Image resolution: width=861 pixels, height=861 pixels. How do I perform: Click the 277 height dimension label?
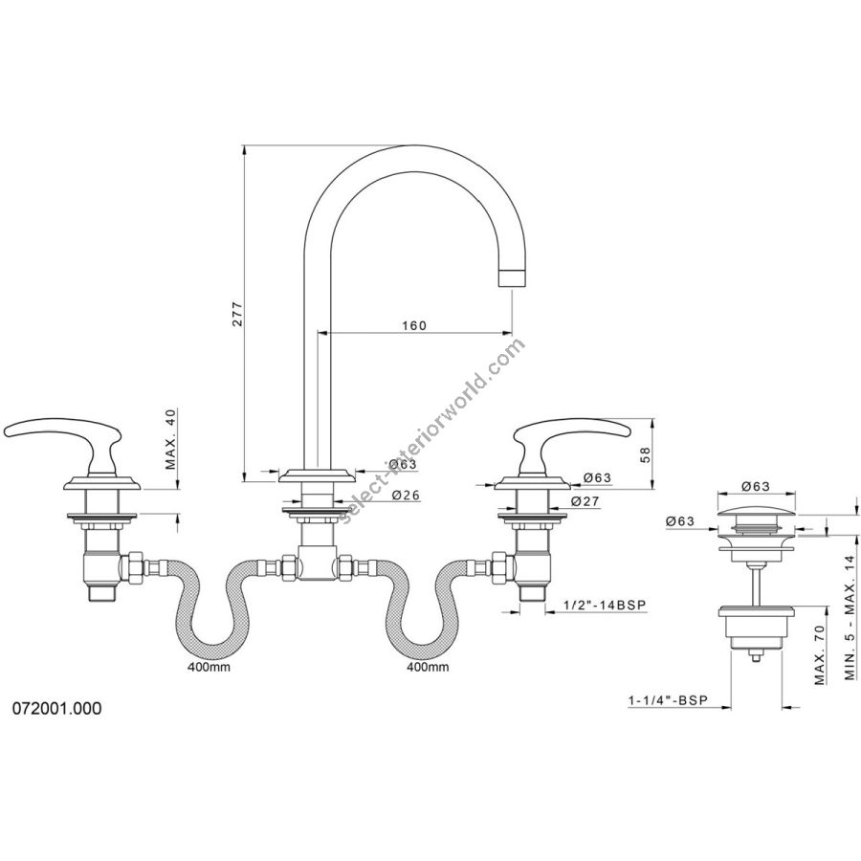coord(236,314)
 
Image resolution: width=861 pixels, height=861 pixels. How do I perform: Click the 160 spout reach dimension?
coord(414,325)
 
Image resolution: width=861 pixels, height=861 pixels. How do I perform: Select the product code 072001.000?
coord(57,708)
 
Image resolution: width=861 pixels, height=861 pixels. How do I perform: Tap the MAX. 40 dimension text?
coord(170,439)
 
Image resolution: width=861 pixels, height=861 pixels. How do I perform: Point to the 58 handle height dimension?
coord(645,453)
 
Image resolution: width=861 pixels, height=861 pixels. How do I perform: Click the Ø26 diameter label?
coord(407,496)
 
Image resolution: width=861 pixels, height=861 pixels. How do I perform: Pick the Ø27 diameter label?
coord(585,500)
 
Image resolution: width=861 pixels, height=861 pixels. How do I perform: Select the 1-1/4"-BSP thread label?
coord(668,699)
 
